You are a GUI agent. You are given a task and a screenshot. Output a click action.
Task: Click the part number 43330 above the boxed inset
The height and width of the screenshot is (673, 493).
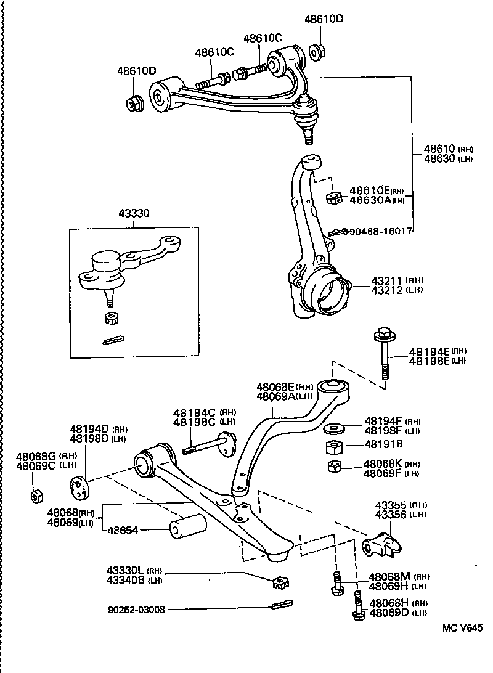click(133, 213)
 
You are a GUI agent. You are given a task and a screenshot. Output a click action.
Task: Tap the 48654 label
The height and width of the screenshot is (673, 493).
click(125, 529)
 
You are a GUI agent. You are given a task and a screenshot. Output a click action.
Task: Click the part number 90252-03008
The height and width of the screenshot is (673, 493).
click(136, 610)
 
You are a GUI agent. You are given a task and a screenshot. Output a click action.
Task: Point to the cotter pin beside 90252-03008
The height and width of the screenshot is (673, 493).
click(282, 605)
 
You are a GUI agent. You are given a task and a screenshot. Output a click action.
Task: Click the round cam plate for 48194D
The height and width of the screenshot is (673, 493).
click(78, 489)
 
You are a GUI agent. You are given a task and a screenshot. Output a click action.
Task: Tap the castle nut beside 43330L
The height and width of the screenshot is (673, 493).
click(282, 581)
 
